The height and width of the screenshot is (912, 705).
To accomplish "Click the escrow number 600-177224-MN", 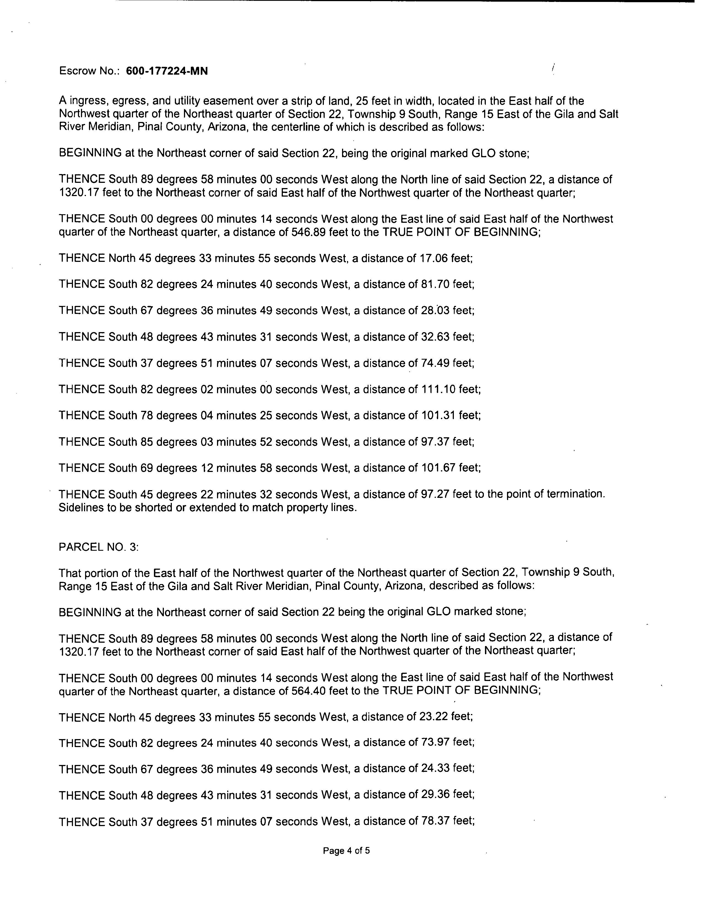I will click(x=167, y=71).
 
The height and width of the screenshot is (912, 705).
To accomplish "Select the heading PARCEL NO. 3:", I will click(x=99, y=547).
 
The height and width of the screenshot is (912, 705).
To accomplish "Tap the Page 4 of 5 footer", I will click(x=346, y=851).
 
